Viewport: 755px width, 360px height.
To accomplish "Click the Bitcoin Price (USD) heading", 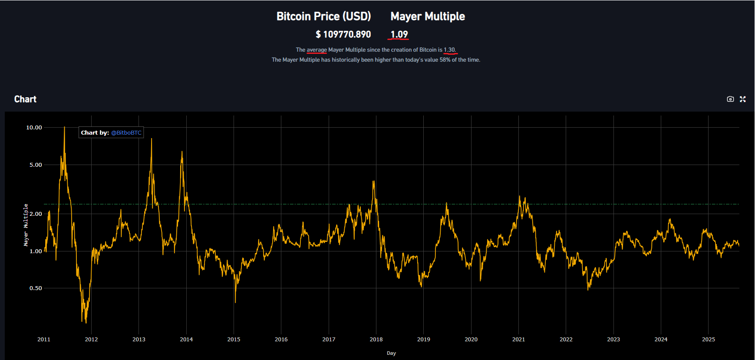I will coord(323,17).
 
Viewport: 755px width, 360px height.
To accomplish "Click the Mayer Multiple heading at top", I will coord(427,17).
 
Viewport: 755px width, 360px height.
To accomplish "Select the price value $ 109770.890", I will coord(343,34).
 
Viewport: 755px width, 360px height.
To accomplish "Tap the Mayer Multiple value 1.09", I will coord(399,34).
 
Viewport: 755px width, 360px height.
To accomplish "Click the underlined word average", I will coord(317,50).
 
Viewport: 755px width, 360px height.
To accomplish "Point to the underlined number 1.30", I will coord(449,50).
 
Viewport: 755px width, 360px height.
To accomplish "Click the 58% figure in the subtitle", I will coord(445,60).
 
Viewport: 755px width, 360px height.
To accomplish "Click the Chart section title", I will coord(25,99).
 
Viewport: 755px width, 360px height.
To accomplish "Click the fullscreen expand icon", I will coord(742,99).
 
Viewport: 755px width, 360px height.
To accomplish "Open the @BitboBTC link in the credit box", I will coord(126,133).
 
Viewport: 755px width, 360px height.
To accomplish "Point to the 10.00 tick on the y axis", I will coord(34,128).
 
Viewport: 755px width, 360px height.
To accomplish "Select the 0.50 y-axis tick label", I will coord(36,288).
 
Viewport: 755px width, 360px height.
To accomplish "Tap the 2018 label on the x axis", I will coord(376,340).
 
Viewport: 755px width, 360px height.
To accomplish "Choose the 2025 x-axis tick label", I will coord(708,340).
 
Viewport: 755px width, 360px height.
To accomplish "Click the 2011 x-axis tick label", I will coord(44,340).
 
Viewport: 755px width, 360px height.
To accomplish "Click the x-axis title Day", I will coord(391,353).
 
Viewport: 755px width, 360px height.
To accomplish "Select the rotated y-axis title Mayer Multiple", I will coord(26,225).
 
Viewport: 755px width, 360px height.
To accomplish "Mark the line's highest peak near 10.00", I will coord(64,128).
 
